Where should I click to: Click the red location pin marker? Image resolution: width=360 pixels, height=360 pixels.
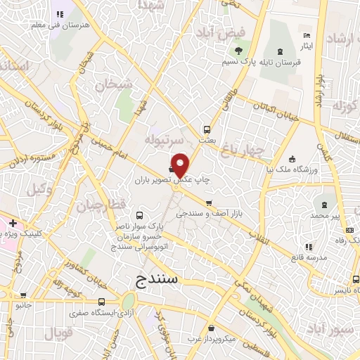click(x=181, y=164)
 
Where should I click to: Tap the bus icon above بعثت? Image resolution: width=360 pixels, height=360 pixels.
click(x=207, y=129)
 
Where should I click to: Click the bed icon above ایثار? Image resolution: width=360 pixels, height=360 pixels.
click(x=305, y=35)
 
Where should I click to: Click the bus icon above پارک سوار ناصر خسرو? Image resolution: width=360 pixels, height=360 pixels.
click(x=139, y=215)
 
